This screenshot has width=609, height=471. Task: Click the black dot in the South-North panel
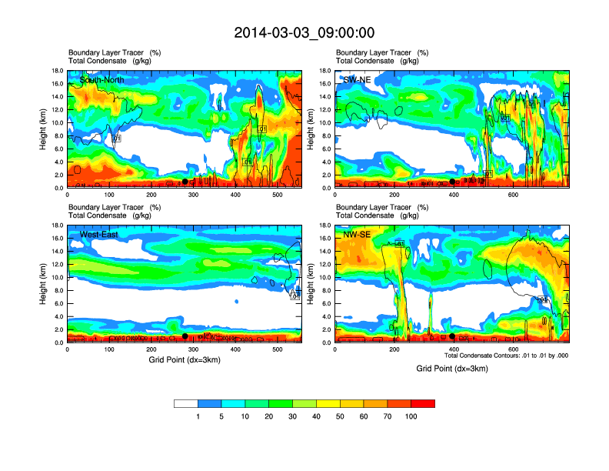(185, 182)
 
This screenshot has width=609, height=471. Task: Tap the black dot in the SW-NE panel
(452, 182)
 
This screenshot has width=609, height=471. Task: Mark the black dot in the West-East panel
(185, 336)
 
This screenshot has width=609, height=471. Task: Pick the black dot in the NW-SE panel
(452, 336)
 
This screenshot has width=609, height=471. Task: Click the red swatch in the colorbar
(423, 403)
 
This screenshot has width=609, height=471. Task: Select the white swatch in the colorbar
(186, 403)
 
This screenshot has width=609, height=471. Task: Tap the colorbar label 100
(411, 416)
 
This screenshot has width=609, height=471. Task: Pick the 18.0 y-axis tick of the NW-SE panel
(324, 225)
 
